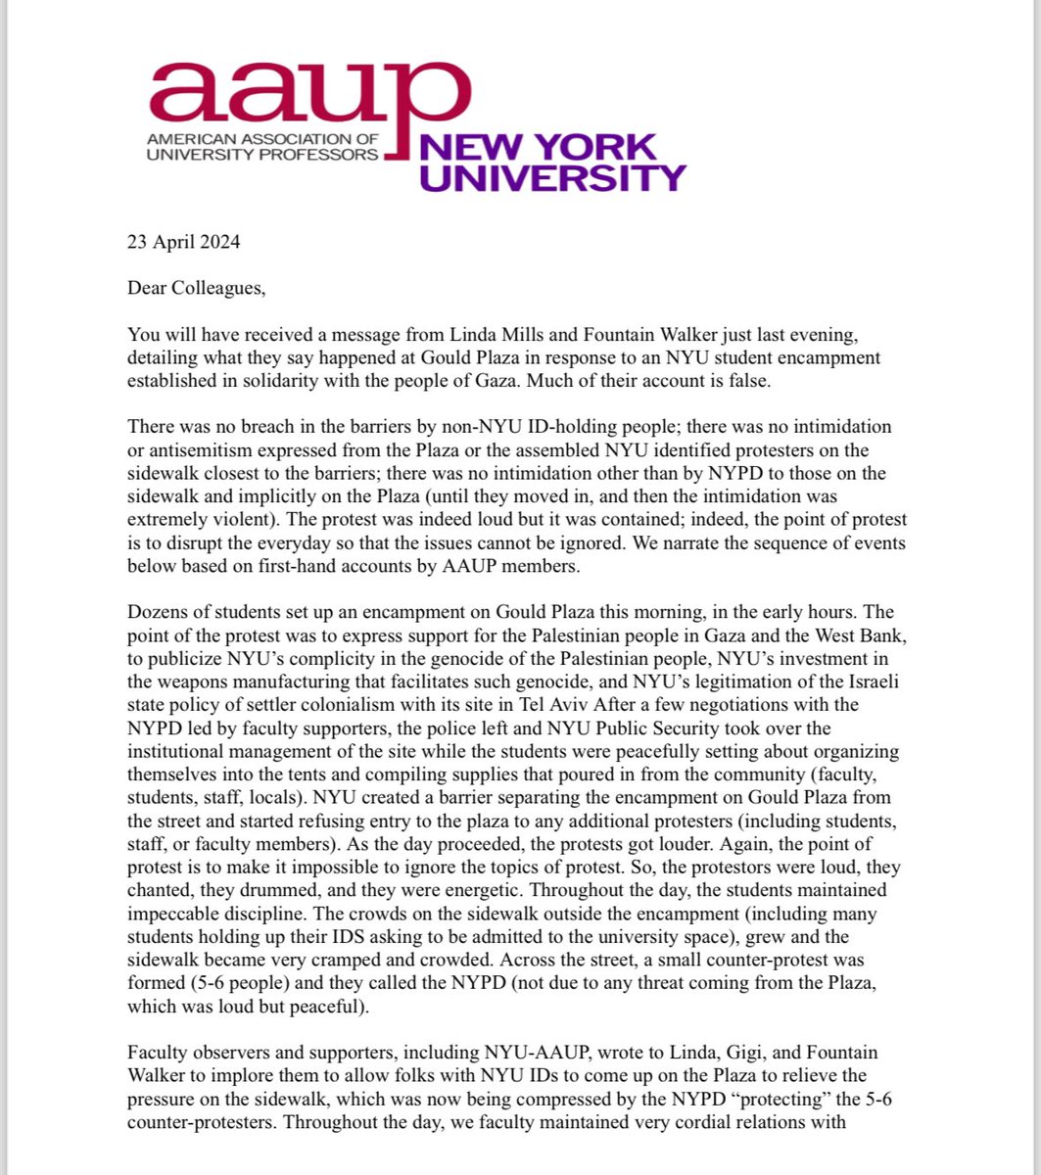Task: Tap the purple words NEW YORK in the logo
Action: (x=537, y=148)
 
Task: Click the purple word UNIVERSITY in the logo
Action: (x=551, y=177)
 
